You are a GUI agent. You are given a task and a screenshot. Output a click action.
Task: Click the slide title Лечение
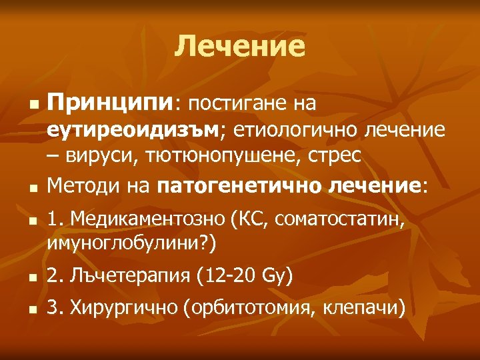[240, 47]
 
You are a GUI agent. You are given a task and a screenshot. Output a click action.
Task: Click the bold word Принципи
[109, 104]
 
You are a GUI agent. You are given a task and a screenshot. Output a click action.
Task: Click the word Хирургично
[125, 308]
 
